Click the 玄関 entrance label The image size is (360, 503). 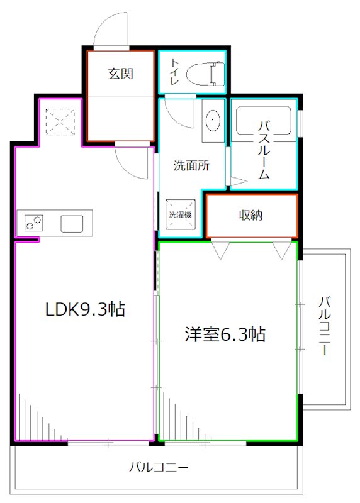(120, 74)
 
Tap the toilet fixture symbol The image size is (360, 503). (214, 73)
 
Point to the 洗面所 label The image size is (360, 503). (191, 167)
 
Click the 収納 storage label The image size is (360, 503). (250, 215)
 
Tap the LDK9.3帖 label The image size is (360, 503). (84, 309)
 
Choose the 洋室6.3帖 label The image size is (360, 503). (224, 334)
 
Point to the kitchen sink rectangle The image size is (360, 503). (72, 223)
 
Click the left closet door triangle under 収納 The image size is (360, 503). (220, 250)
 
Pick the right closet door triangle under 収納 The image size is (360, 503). (281, 250)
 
